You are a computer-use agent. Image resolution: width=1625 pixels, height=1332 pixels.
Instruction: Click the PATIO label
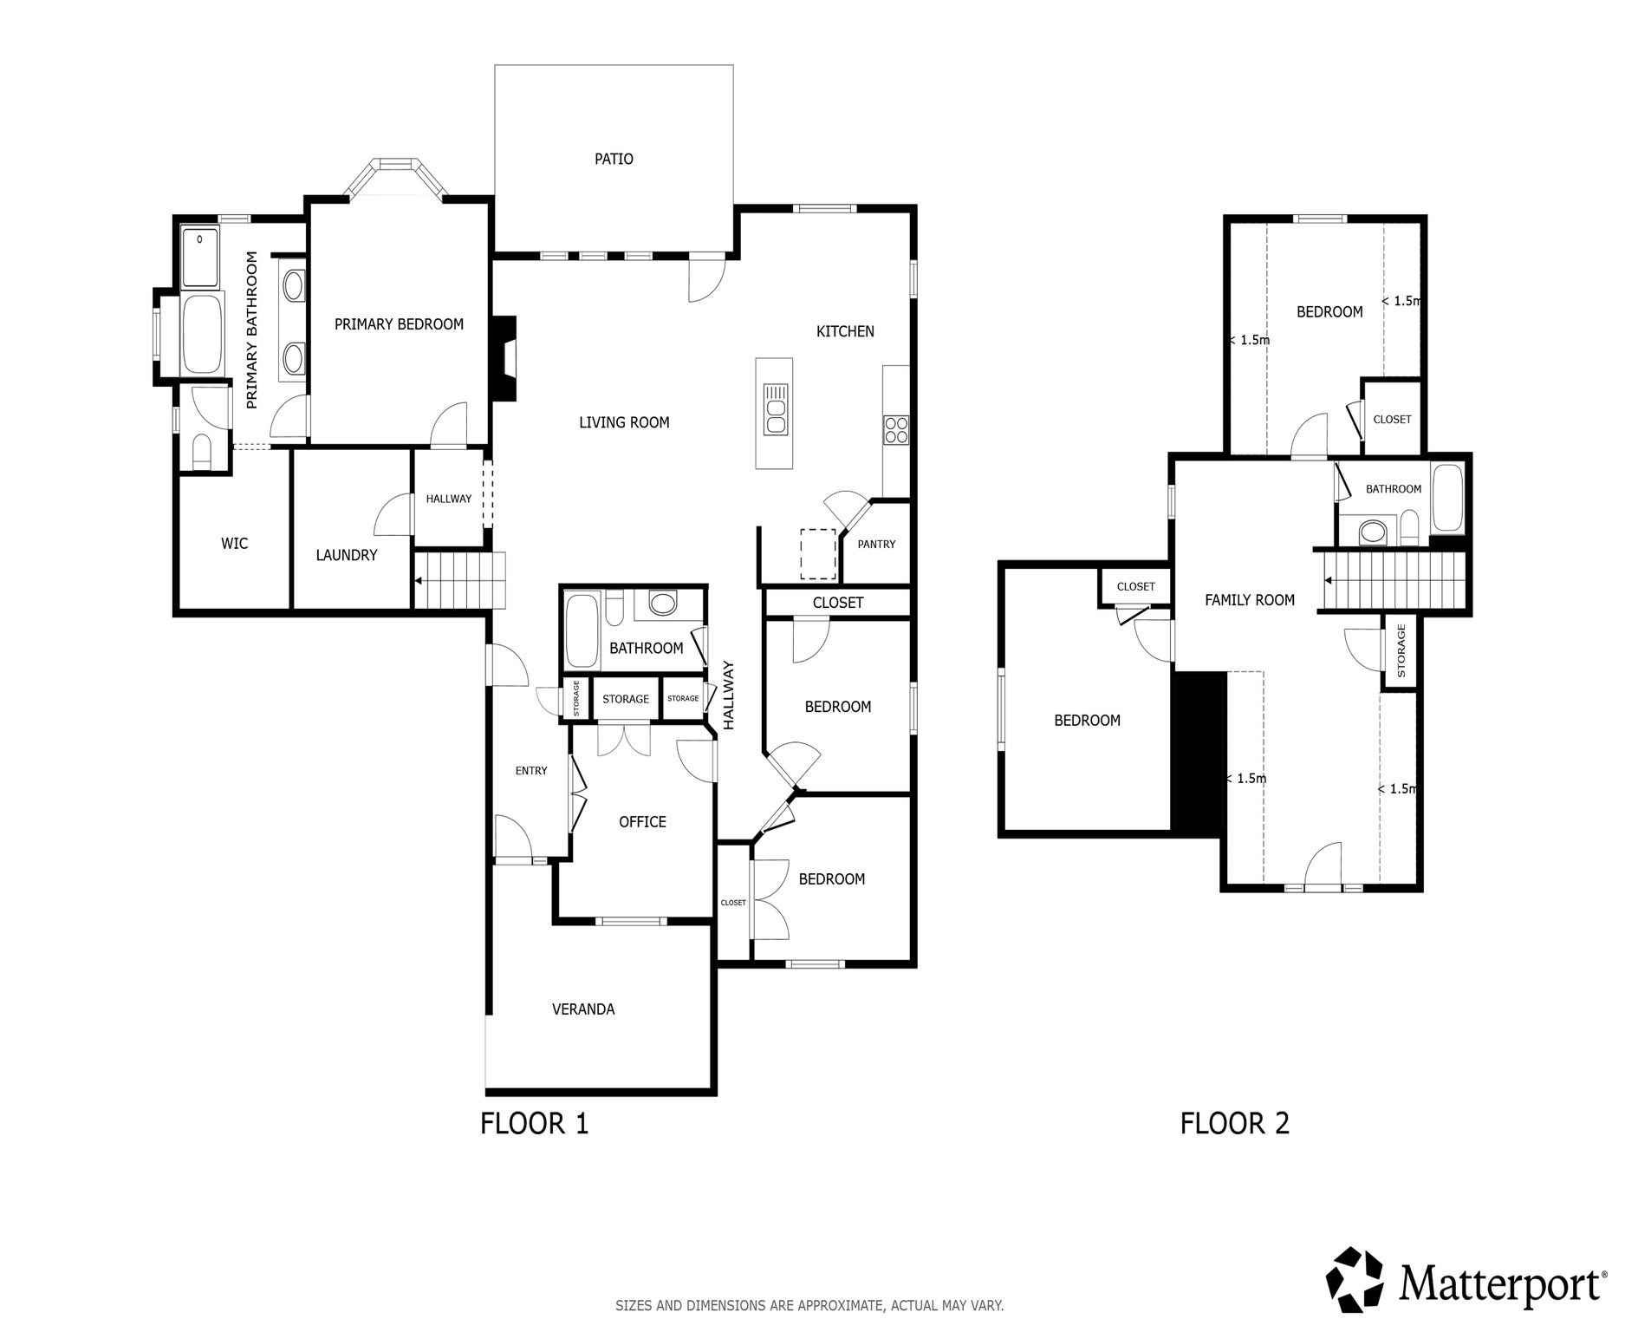pos(614,159)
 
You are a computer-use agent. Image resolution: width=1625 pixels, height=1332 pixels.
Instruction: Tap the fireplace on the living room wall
pos(504,358)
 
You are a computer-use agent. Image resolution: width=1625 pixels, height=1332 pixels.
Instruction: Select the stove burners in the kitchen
pos(895,430)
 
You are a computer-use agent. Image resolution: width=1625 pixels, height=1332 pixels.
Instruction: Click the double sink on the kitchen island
pos(775,408)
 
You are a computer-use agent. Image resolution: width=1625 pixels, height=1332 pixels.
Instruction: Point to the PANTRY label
pos(876,545)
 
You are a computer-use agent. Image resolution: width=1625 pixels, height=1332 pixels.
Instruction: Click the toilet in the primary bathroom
pos(201,453)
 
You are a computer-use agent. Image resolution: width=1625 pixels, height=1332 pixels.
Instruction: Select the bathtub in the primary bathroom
pos(202,335)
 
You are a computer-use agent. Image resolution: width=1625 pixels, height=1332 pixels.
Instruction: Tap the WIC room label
pos(234,544)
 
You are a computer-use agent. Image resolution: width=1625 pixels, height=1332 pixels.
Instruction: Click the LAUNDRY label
pos(347,555)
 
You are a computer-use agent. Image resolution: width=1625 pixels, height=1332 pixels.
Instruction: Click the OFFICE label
pos(642,821)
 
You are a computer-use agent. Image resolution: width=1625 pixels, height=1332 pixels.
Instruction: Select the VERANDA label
pos(583,1009)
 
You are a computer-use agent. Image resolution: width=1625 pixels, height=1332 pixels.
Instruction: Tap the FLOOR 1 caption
pos(534,1124)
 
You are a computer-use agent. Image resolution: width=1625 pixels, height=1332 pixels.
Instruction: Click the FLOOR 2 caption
pos(1234,1124)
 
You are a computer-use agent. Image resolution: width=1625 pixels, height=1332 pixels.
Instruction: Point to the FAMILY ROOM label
pos(1249,599)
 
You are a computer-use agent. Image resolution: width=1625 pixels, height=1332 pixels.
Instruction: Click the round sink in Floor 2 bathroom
pos(1371,531)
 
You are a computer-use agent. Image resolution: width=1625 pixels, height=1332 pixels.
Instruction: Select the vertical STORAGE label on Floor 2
pos(1401,651)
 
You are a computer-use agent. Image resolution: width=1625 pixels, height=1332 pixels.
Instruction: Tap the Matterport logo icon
pos(1357,1280)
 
